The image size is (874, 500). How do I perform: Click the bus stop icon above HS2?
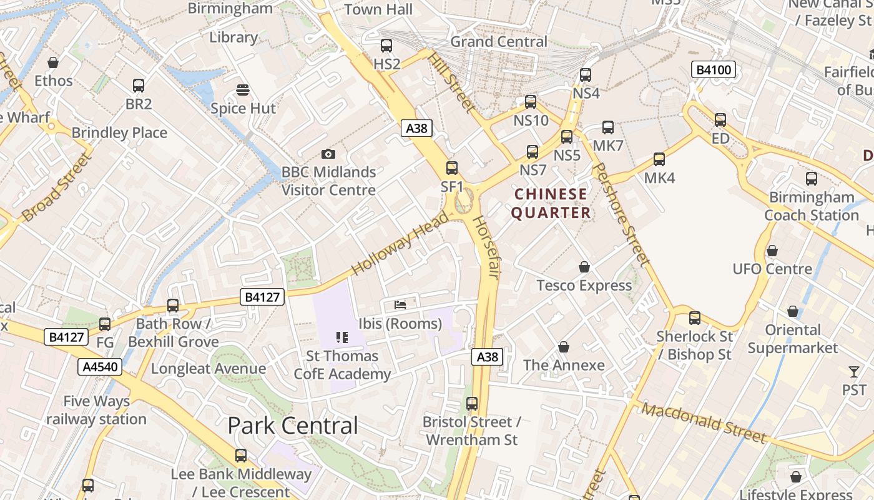click(386, 45)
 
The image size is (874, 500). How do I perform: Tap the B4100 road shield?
click(713, 70)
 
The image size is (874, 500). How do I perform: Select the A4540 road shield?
click(100, 367)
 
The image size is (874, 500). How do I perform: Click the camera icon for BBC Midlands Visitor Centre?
click(328, 154)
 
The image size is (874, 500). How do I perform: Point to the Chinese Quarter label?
click(551, 203)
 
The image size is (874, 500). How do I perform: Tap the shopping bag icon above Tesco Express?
click(584, 267)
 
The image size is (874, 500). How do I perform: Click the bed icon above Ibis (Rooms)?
click(400, 305)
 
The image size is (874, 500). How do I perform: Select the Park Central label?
click(293, 426)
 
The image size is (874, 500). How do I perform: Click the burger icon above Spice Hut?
click(243, 90)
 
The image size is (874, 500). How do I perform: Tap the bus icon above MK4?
click(659, 159)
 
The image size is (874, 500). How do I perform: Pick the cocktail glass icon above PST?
click(854, 372)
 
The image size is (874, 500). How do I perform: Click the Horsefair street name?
click(486, 247)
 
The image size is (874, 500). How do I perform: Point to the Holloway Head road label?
click(400, 244)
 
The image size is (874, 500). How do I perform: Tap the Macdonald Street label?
click(703, 423)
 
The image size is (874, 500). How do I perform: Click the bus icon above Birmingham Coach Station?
click(812, 179)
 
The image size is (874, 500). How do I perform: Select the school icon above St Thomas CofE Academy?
click(341, 337)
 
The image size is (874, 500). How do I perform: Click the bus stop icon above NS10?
click(531, 101)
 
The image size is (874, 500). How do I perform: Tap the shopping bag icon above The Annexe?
click(564, 346)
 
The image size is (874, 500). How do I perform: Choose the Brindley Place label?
click(119, 132)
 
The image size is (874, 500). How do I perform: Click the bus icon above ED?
click(720, 120)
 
